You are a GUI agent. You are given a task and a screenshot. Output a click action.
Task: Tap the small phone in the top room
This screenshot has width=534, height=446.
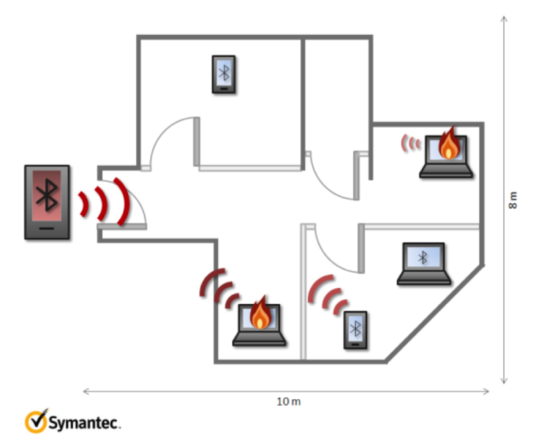pyautogui.click(x=225, y=74)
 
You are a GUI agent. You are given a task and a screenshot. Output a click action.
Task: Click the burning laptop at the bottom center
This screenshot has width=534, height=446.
pyautogui.click(x=260, y=326)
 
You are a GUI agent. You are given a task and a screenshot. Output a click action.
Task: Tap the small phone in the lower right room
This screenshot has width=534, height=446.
pyautogui.click(x=356, y=330)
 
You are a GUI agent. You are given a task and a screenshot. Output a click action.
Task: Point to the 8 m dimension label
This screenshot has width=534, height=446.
pyautogui.click(x=513, y=201)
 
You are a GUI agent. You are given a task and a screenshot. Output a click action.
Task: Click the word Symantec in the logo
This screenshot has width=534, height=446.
pyautogui.click(x=84, y=423)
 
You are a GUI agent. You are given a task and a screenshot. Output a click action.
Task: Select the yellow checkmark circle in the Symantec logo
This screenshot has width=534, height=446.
pyautogui.click(x=35, y=421)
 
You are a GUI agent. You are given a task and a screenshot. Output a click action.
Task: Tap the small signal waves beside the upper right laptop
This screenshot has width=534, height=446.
pyautogui.click(x=411, y=142)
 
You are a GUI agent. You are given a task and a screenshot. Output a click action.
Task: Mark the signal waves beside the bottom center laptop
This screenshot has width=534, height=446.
pyautogui.click(x=220, y=288)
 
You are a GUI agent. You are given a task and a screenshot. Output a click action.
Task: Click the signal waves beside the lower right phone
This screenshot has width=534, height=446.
pyautogui.click(x=327, y=295)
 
